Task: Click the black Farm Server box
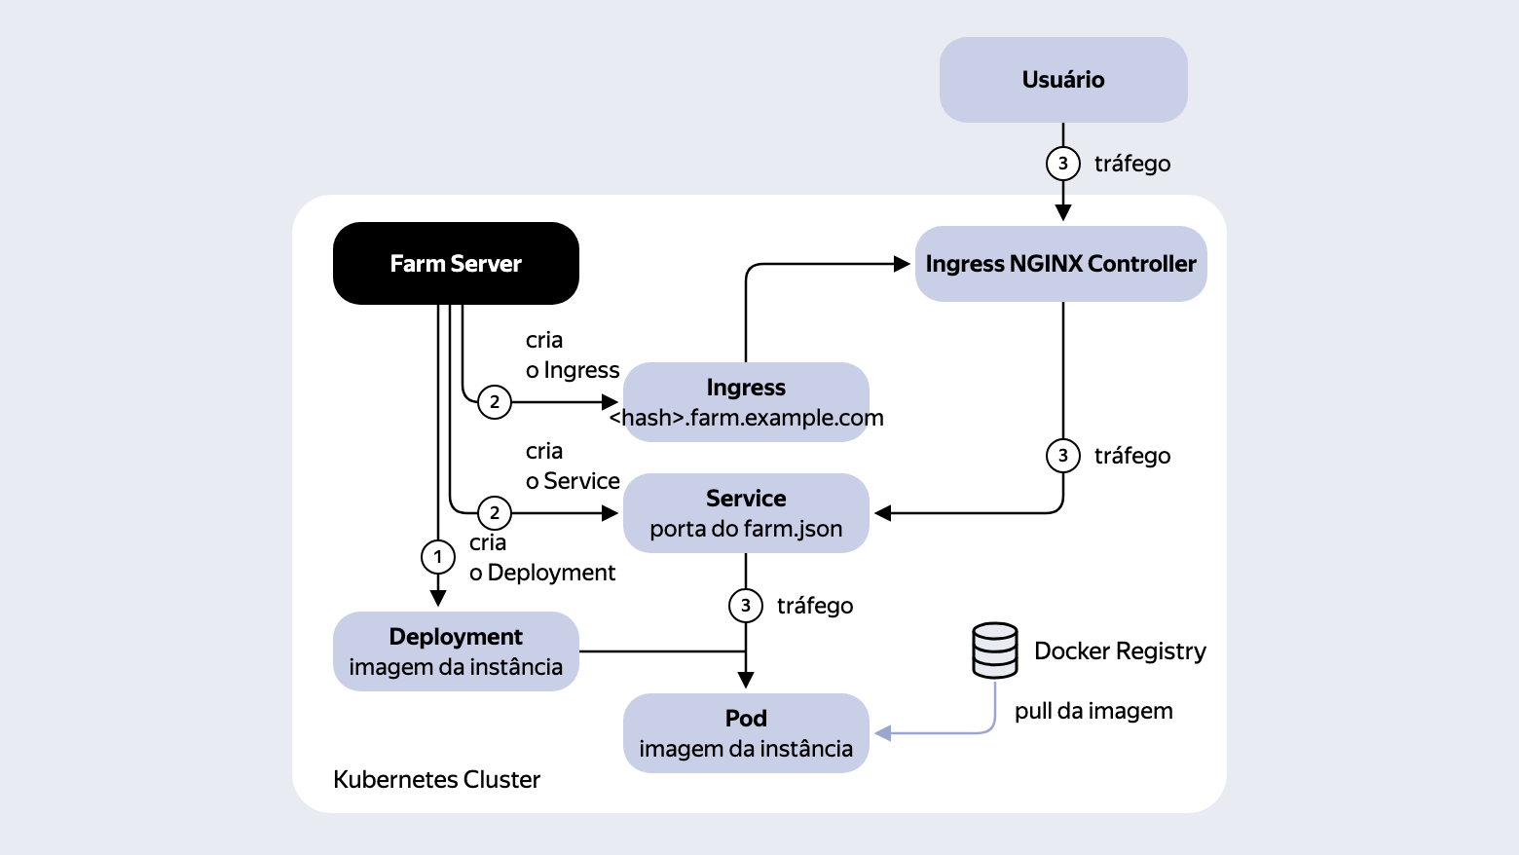click(456, 263)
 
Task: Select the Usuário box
click(1063, 79)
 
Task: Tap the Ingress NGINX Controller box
click(1060, 264)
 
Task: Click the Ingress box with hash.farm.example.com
click(746, 402)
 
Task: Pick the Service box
click(746, 513)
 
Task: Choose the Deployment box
click(456, 651)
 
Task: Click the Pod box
click(746, 733)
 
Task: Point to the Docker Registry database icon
click(995, 651)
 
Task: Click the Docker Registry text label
click(1120, 651)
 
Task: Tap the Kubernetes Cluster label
click(436, 780)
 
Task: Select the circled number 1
click(438, 557)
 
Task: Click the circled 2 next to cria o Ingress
click(495, 402)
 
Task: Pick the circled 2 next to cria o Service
click(495, 513)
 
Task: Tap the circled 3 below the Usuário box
click(1063, 164)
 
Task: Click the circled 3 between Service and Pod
click(746, 606)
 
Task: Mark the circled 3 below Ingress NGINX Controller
click(1063, 456)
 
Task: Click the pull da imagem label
click(1093, 711)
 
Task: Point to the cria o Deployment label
click(542, 557)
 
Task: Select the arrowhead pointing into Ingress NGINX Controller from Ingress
click(902, 264)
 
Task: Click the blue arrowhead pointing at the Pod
click(882, 733)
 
